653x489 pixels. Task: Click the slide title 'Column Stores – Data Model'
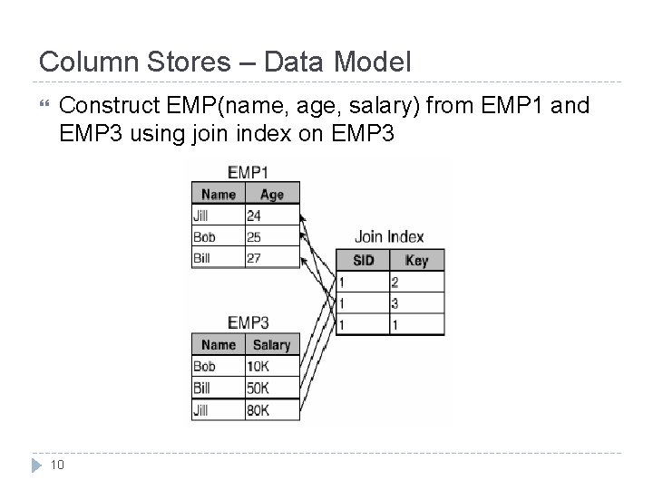click(x=225, y=62)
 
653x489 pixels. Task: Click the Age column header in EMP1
click(x=271, y=194)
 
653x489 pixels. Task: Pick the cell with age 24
click(x=271, y=216)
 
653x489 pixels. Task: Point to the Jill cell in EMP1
click(x=218, y=216)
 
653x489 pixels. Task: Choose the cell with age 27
click(x=271, y=257)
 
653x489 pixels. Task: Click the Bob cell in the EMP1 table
click(x=218, y=236)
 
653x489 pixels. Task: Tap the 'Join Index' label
click(x=388, y=237)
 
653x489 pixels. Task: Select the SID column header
click(x=363, y=261)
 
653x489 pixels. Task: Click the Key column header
click(x=416, y=261)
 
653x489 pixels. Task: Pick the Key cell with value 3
click(x=416, y=303)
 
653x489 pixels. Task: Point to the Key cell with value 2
click(x=416, y=283)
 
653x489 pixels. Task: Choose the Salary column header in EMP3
click(x=271, y=345)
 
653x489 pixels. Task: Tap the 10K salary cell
click(x=271, y=367)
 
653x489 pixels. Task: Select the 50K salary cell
click(x=271, y=388)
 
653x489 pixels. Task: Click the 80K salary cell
click(x=271, y=409)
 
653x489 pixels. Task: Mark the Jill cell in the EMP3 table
click(x=218, y=409)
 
